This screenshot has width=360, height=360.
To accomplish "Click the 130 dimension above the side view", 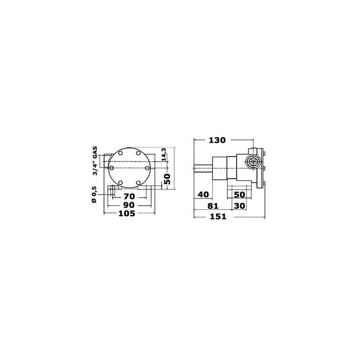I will [216, 140].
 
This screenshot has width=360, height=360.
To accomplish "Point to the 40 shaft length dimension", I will [203, 194].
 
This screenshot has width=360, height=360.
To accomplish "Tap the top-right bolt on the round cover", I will [139, 153].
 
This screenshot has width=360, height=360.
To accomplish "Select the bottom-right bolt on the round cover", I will [139, 182].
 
